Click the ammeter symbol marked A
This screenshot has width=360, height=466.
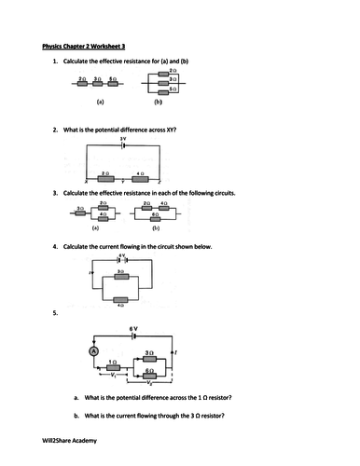[x=92, y=351]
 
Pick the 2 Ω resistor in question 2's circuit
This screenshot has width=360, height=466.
[x=105, y=178]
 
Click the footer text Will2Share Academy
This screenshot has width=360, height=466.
[x=74, y=440]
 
